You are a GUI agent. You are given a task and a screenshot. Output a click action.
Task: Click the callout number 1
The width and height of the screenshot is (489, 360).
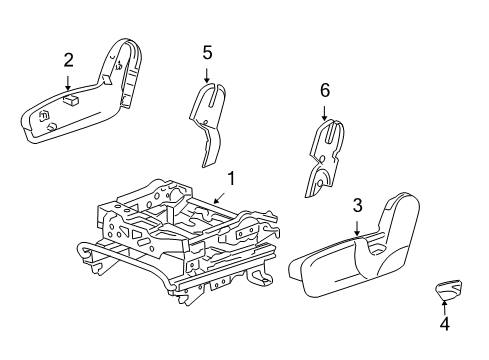pyautogui.click(x=230, y=180)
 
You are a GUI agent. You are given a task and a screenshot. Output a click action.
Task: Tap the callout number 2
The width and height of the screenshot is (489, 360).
pyautogui.click(x=68, y=60)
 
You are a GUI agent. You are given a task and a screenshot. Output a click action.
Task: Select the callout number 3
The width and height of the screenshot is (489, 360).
pyautogui.click(x=356, y=207)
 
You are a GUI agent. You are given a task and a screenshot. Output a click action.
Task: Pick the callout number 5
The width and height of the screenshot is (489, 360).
pyautogui.click(x=207, y=52)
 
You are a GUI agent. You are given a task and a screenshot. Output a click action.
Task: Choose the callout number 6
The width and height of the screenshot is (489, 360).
pyautogui.click(x=324, y=90)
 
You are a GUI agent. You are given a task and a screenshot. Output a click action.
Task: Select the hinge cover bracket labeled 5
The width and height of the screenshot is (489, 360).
pyautogui.click(x=209, y=120)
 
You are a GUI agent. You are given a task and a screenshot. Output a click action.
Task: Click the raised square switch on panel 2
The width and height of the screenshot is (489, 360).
pyautogui.click(x=71, y=99)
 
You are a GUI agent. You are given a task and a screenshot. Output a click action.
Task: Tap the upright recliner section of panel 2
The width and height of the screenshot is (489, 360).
pyautogui.click(x=125, y=70)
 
